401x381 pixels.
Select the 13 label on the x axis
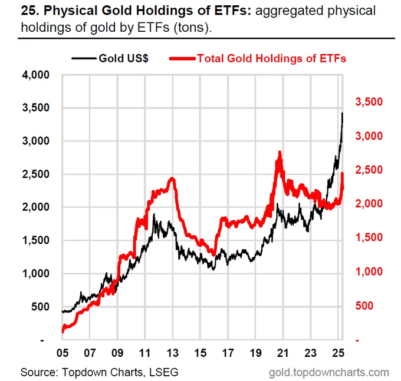173,354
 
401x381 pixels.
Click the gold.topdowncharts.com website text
328,372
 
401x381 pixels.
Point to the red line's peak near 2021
279,153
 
